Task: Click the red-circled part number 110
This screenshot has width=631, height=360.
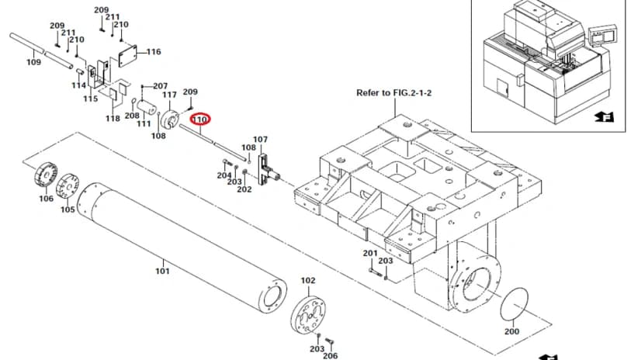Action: point(200,119)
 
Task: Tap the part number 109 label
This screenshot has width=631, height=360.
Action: point(34,62)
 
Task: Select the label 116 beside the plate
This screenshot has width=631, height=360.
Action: point(154,52)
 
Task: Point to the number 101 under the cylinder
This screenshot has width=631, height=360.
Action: point(162,271)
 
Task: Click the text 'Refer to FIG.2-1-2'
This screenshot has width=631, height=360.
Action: point(394,92)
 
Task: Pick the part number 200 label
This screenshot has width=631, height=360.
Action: point(511,331)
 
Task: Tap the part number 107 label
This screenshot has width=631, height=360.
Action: point(260,140)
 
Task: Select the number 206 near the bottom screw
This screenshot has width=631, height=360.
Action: point(331,355)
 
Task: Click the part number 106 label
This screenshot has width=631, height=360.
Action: point(46,199)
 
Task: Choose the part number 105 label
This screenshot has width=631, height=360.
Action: point(68,209)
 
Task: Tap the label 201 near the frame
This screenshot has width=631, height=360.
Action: point(370,254)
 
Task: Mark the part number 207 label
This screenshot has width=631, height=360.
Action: point(161,86)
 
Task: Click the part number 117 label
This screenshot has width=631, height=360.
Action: point(169,95)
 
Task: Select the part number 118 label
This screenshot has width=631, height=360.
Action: point(113,119)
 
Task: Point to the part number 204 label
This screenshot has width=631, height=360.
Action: point(224,175)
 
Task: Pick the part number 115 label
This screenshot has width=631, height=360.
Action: point(91,99)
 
